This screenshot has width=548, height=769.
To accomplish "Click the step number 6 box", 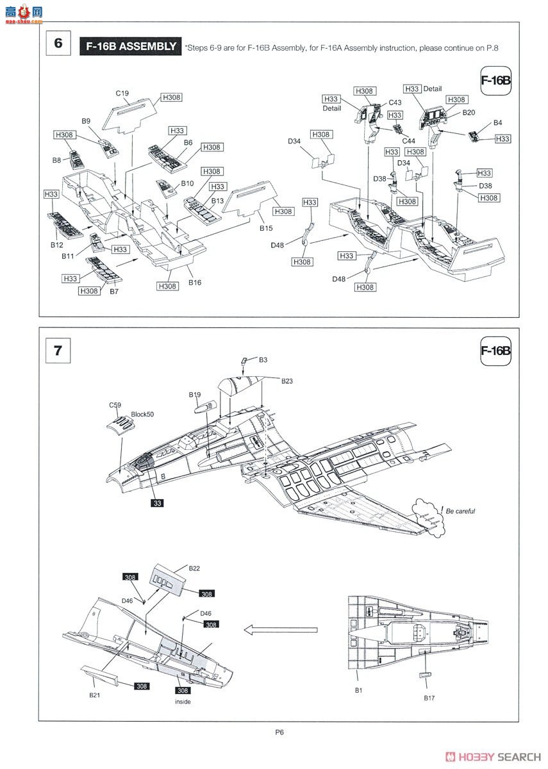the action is click(x=58, y=43).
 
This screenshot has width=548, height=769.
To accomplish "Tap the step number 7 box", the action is click(x=58, y=351).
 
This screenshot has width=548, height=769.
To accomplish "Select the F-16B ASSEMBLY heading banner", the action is click(x=131, y=46).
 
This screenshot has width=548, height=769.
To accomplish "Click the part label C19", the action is click(x=122, y=93).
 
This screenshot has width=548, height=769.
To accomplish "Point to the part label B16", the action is click(x=195, y=283).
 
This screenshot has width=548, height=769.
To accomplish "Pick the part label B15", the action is click(x=266, y=228).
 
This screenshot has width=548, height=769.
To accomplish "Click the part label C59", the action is click(x=115, y=405).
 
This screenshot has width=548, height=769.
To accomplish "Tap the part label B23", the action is click(x=287, y=381).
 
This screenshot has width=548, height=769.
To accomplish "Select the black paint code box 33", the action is click(x=157, y=503).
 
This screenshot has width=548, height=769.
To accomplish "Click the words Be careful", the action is click(x=460, y=511).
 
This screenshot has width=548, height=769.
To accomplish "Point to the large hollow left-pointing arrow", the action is click(x=281, y=630).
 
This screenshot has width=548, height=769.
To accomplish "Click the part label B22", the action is click(x=194, y=568).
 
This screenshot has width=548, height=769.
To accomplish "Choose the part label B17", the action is click(x=429, y=698).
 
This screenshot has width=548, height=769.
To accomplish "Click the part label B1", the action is click(x=358, y=690).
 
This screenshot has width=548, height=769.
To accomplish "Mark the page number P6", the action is click(x=279, y=732).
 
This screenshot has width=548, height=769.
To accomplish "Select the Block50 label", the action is click(x=142, y=415).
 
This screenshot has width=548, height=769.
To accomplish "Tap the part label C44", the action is click(x=409, y=141).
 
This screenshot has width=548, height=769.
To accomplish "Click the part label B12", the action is click(x=57, y=245).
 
